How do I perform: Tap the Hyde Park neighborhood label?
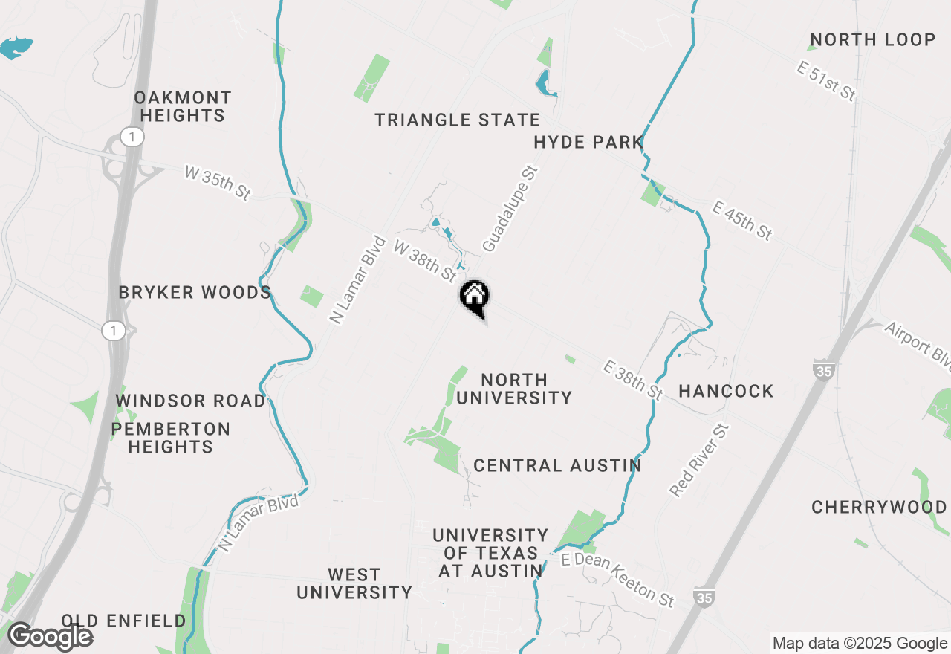588,142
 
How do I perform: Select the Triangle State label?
457,120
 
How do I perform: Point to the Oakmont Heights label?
183,106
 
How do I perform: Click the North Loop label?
872,39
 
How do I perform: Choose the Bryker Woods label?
195,292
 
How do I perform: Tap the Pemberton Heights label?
171,438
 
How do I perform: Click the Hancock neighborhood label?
726,391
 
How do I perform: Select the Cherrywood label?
879,507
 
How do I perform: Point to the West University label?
354,583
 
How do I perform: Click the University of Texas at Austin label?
490,553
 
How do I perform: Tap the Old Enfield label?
124,621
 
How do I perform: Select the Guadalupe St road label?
509,209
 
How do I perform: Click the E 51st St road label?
826,82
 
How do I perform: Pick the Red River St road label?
701,460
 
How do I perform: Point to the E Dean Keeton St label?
617,579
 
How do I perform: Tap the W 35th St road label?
217,183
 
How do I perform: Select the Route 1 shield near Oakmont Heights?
132,137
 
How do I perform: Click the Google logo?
50,636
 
